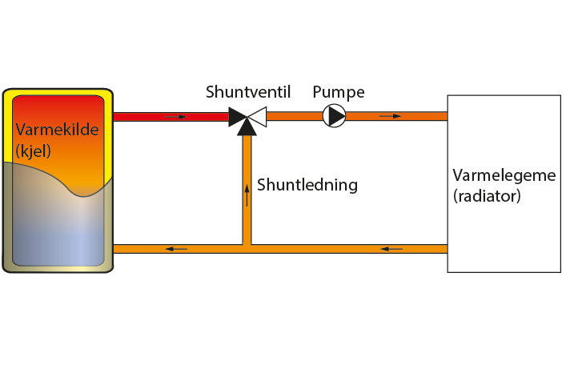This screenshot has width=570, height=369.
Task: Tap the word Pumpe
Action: click(338, 92)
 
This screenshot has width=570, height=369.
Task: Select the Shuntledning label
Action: click(307, 185)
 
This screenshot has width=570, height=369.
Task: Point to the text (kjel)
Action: click(33, 150)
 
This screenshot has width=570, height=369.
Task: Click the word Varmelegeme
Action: click(504, 175)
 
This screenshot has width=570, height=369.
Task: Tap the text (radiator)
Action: click(487, 195)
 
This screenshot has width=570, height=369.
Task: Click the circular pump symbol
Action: click(335, 116)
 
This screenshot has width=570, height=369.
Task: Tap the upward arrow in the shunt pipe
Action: click(247, 195)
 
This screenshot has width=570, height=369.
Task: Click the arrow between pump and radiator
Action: click(390, 116)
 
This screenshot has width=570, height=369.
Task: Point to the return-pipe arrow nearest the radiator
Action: click(391, 249)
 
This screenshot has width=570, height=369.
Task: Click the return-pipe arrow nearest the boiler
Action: click(175, 249)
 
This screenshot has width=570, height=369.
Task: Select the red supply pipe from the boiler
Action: click(144, 117)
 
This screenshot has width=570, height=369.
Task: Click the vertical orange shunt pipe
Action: click(247, 216)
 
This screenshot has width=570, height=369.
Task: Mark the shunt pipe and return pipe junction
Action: click(247, 248)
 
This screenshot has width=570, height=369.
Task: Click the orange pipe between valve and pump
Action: click(293, 116)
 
